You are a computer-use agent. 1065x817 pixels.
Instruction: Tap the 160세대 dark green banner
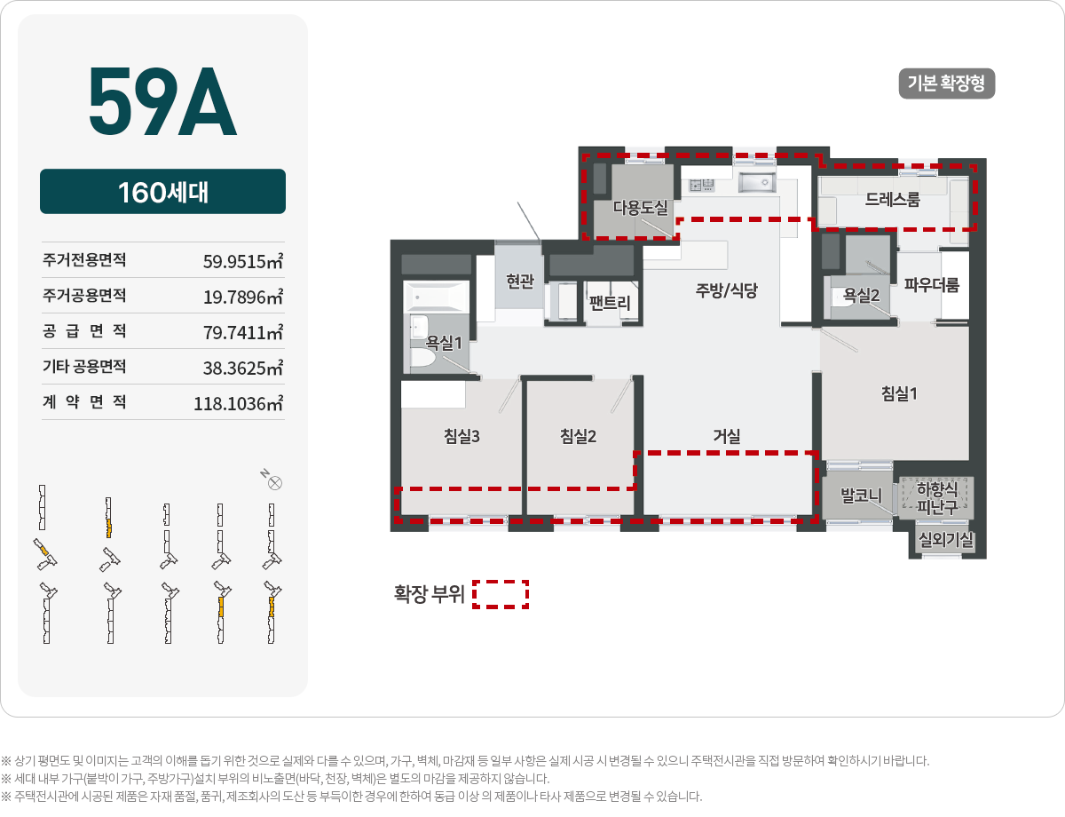[162, 192]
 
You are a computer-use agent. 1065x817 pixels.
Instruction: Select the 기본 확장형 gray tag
[946, 83]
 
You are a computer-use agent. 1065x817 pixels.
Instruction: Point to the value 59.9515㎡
[243, 261]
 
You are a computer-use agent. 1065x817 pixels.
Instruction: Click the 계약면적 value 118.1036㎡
[238, 403]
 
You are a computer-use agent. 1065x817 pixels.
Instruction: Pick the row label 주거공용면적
[84, 296]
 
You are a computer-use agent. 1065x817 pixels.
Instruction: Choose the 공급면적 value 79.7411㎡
[243, 332]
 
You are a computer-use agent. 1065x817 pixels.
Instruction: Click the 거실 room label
[726, 435]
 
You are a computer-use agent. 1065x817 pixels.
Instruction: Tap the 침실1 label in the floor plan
[899, 393]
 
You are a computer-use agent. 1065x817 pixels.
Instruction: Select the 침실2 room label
[578, 435]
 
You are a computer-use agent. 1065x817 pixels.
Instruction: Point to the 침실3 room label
[461, 435]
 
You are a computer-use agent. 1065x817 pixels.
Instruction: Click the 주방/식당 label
[726, 290]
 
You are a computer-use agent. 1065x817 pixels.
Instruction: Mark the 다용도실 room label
[640, 207]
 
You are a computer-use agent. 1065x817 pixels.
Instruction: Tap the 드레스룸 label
[893, 200]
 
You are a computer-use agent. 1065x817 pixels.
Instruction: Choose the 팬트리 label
[610, 303]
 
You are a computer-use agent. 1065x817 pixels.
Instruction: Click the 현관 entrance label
[520, 282]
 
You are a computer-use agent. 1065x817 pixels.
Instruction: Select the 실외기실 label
[946, 539]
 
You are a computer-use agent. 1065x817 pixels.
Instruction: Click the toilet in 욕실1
[420, 357]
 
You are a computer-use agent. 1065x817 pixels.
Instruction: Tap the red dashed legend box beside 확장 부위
[501, 594]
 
